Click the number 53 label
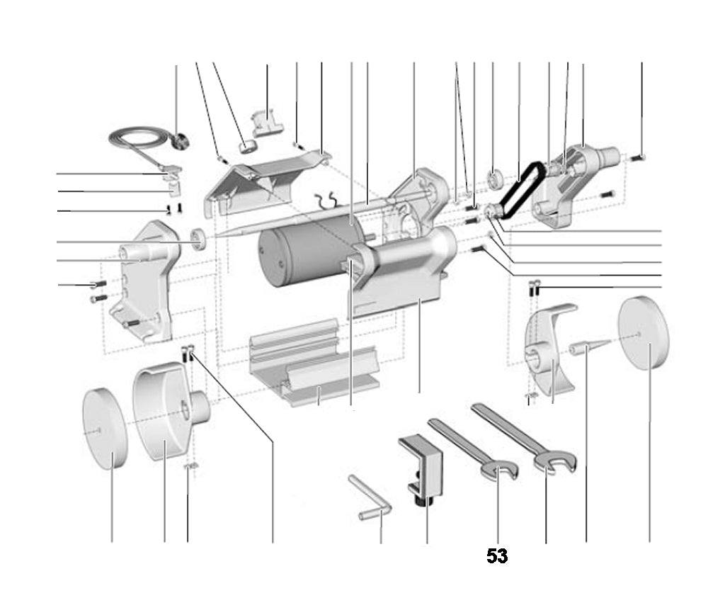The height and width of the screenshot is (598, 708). (x=497, y=556)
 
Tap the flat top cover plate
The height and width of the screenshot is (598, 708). (x=269, y=177)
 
